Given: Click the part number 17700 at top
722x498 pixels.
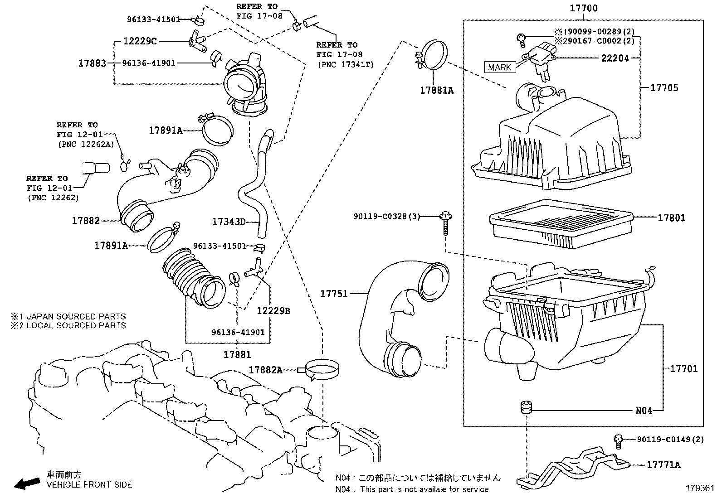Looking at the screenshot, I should tap(584, 8).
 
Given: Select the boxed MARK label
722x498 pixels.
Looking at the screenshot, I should tap(500, 68).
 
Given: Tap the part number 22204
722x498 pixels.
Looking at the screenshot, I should tap(615, 58).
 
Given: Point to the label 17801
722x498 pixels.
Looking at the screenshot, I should tap(672, 218).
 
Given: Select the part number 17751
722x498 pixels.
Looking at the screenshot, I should tap(334, 294).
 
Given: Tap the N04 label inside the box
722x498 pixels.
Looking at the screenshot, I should tap(644, 411).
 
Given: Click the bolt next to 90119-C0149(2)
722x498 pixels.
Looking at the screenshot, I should tap(618, 440).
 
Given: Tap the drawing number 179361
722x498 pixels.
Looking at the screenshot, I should tap(699, 489).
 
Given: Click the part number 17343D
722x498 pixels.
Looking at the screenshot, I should tap(229, 222).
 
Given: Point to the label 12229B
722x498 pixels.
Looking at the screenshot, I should tap(273, 311).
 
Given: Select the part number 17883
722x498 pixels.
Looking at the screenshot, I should tap(92, 63).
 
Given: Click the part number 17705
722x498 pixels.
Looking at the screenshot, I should tap(664, 88).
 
